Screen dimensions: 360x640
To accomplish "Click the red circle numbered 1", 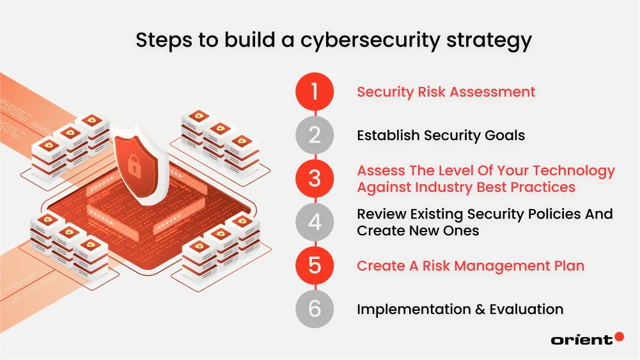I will coord(315,91).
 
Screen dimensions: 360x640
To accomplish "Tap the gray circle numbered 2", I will coord(315,135).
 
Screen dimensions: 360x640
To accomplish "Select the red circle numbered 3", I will coord(315,178).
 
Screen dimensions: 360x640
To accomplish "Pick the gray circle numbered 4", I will coord(315,222).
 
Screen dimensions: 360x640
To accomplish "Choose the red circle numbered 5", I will coord(315,265).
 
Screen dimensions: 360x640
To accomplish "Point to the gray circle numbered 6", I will coord(315,309).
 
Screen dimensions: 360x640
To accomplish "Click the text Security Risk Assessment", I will coord(446,91).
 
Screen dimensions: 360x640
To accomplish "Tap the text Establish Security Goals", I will coord(441,135).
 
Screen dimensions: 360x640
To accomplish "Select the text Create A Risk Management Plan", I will coord(471,265).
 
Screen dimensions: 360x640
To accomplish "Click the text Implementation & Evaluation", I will coord(460,309).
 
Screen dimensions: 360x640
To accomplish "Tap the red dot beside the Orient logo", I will coord(619,337).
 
